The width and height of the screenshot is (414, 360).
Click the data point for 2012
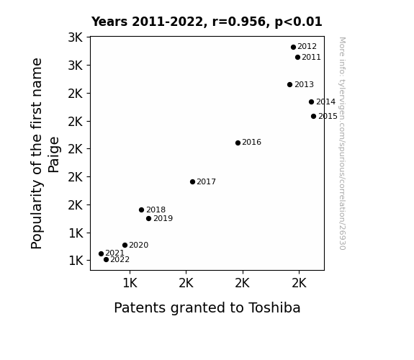coord(293,48)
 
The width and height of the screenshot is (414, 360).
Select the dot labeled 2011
coord(297,58)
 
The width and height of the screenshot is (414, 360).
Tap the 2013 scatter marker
coord(289,85)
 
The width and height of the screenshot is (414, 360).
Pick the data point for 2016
coord(238,143)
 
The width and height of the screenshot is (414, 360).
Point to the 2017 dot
coord(192,181)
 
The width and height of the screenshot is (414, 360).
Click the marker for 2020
coord(125,245)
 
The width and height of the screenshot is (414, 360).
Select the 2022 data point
coord(106,260)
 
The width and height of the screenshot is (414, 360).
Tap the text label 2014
coord(325,102)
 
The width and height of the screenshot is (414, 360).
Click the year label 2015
coord(328,116)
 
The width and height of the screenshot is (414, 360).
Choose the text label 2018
coord(156,210)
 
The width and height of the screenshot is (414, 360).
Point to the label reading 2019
coord(163,218)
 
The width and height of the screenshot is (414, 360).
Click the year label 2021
coord(114,253)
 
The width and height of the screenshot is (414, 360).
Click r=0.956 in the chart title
coord(239,22)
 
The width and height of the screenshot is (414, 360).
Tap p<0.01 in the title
coord(298,22)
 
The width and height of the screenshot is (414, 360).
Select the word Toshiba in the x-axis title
coord(274,307)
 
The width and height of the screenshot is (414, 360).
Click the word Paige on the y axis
coord(53,155)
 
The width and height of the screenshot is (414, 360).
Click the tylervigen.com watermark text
coord(342,143)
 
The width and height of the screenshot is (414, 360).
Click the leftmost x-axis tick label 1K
coord(130,284)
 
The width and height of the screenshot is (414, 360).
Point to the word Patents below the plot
coord(140,307)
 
